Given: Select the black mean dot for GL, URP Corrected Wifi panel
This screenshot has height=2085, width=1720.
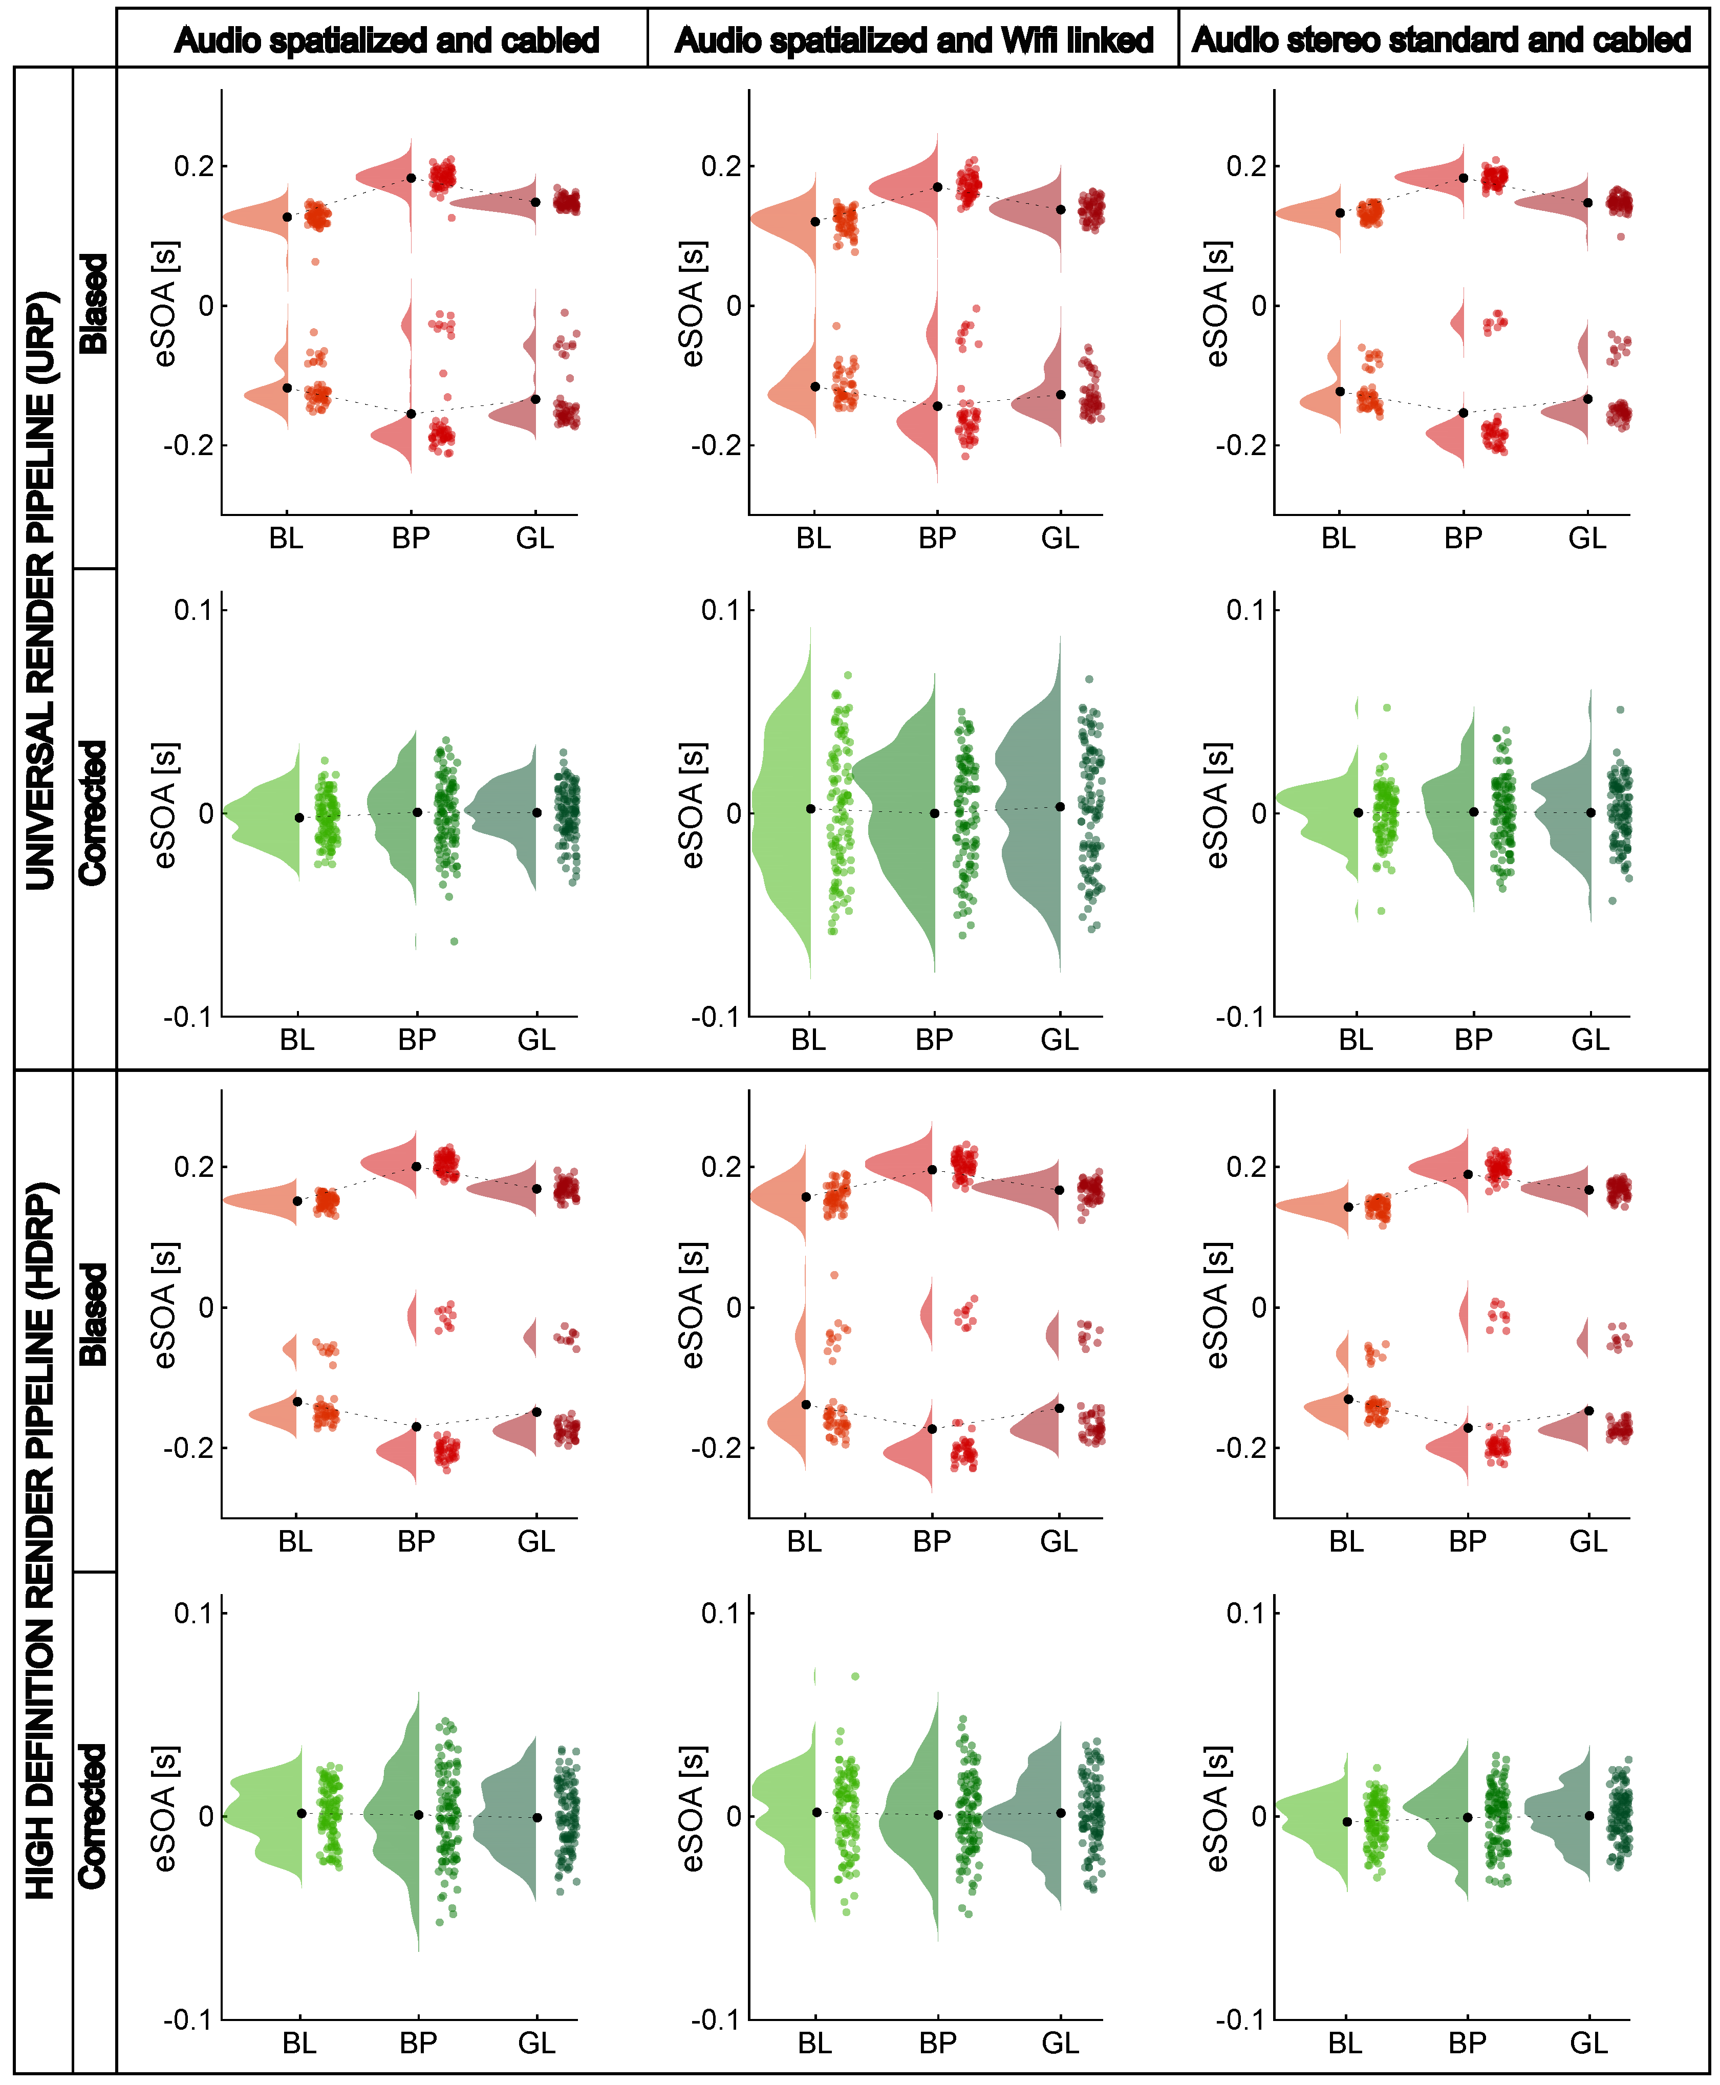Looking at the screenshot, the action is [x=1060, y=807].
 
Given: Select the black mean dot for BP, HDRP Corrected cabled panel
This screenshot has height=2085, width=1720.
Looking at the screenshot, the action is [x=418, y=1815].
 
